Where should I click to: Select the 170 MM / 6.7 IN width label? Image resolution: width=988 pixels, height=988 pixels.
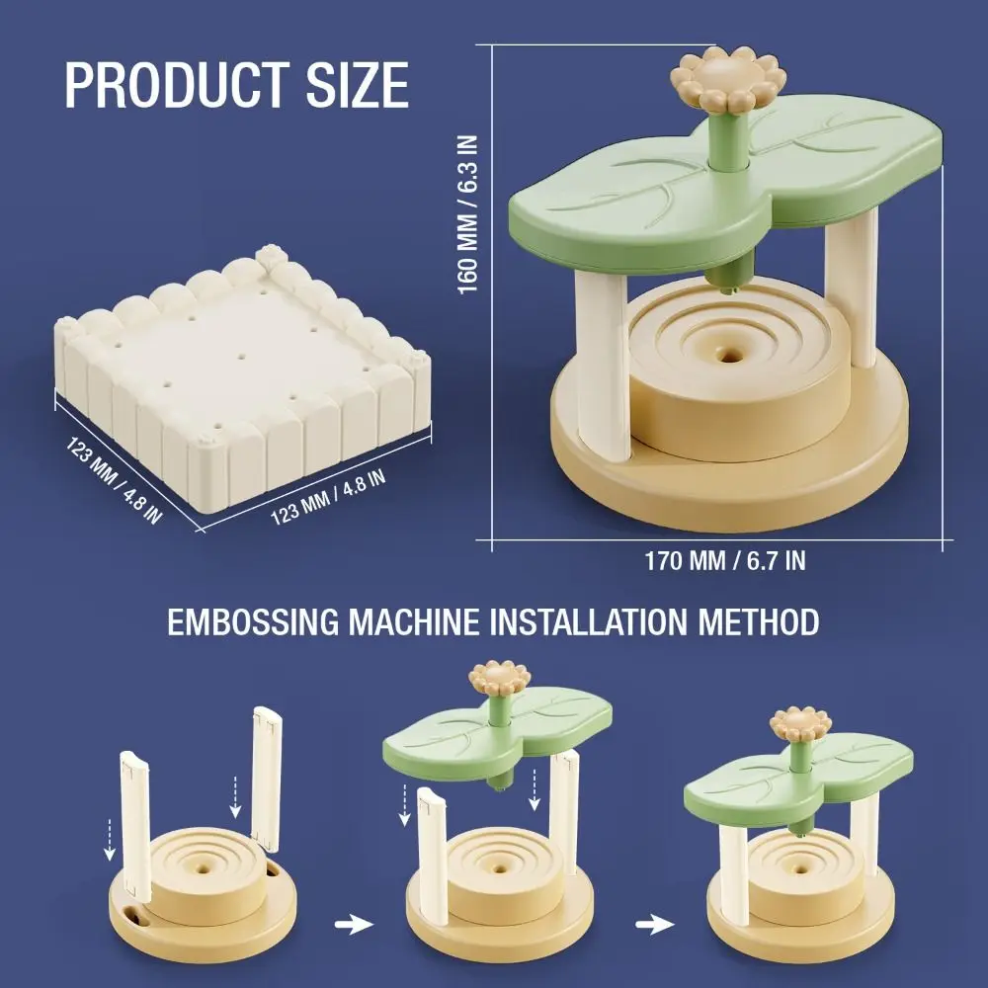[725, 561]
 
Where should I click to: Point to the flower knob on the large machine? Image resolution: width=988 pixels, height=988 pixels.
[728, 78]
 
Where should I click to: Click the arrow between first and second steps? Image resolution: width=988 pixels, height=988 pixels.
[355, 925]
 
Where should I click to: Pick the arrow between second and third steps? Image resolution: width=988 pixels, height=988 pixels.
[651, 925]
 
